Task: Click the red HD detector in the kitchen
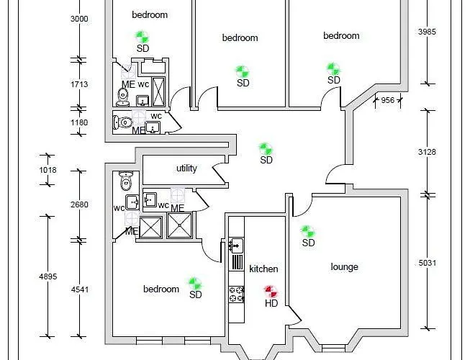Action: coord(271,292)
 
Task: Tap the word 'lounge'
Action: coord(344,267)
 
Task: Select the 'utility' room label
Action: coord(186,168)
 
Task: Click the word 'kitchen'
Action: coord(263,269)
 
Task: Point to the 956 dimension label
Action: coord(387,100)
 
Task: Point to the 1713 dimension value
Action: coord(79,84)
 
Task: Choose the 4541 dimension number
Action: coord(79,290)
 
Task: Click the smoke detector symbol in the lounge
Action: coord(307,231)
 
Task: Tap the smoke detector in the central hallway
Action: coord(266,149)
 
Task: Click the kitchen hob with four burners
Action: coord(236,292)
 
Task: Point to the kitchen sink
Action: coord(236,246)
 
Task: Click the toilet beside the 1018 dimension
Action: coord(127,179)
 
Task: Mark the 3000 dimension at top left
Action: coord(79,19)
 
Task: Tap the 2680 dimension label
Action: coord(79,204)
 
